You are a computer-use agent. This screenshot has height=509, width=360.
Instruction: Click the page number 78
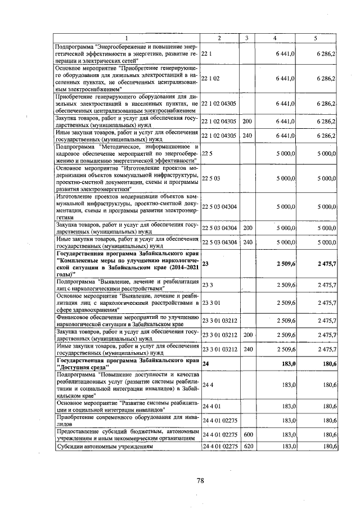click(200, 480)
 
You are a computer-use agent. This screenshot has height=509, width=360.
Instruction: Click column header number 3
click(246, 38)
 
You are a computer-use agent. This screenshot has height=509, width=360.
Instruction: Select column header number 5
click(316, 38)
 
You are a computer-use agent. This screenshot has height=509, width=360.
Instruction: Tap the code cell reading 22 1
click(206, 53)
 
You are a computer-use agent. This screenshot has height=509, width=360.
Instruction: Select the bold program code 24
click(205, 364)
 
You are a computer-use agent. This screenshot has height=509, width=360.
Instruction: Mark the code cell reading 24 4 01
click(211, 406)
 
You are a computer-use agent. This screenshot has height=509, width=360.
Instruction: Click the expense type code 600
click(247, 434)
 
